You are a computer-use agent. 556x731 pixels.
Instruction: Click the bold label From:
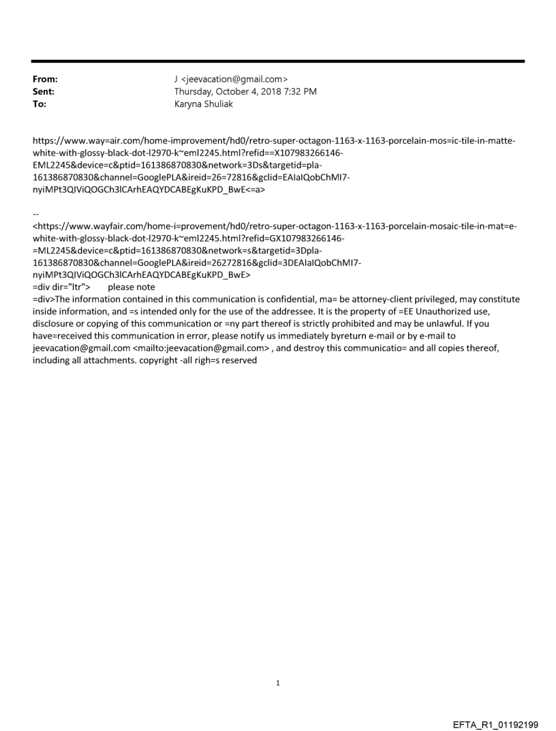(x=45, y=80)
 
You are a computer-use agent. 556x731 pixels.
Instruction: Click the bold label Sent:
(x=44, y=91)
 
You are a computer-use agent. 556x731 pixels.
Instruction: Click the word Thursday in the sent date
(x=195, y=91)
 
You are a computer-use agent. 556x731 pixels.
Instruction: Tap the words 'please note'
(x=132, y=287)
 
